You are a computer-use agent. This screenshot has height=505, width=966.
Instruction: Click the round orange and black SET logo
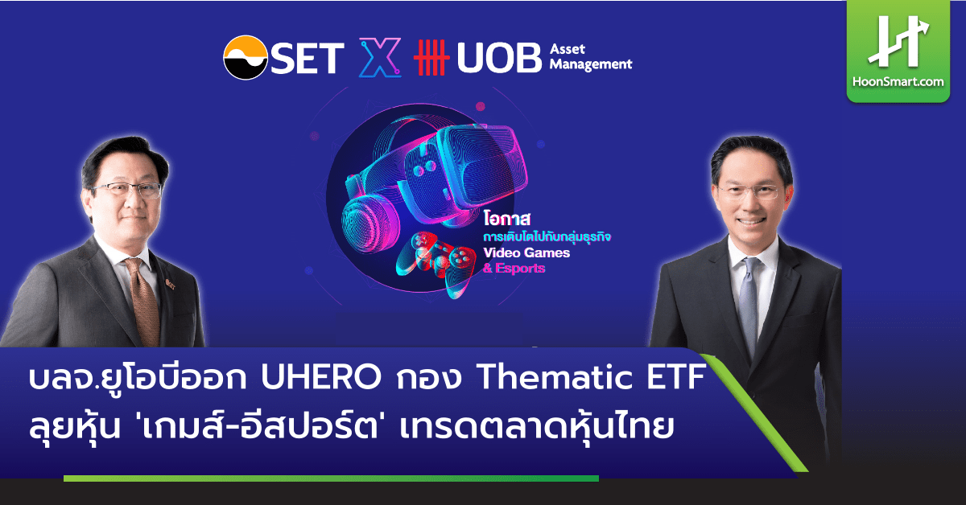(246, 58)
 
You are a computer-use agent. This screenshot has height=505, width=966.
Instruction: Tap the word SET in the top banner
(308, 58)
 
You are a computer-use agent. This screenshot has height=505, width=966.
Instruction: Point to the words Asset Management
(591, 57)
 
